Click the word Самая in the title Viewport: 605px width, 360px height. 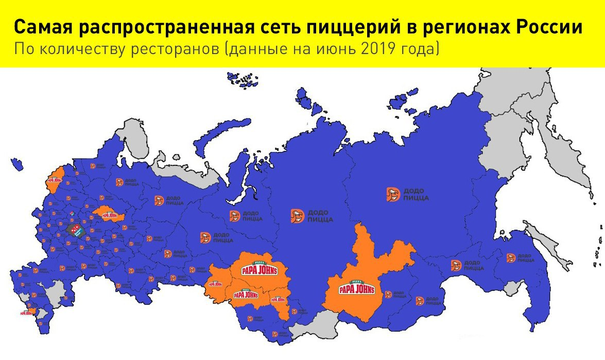[x=43, y=28]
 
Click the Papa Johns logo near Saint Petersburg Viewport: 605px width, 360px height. [x=54, y=180]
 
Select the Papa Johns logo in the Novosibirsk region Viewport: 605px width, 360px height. [x=246, y=295]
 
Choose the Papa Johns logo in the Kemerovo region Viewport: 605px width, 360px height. [x=278, y=299]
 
